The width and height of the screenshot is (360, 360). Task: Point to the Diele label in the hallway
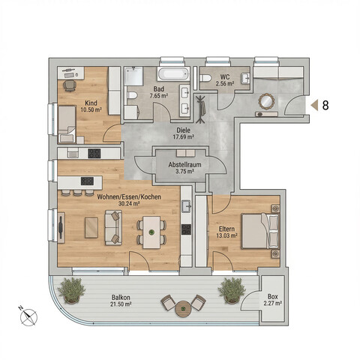pyautogui.click(x=183, y=129)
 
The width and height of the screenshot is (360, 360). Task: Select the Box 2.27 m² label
pyautogui.click(x=271, y=300)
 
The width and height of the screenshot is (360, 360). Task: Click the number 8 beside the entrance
pyautogui.click(x=325, y=106)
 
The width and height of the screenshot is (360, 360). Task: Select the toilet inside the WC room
pyautogui.click(x=205, y=78)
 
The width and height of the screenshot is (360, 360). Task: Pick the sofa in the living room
pyautogui.click(x=114, y=228)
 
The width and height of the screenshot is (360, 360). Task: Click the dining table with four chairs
pyautogui.click(x=152, y=232)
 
